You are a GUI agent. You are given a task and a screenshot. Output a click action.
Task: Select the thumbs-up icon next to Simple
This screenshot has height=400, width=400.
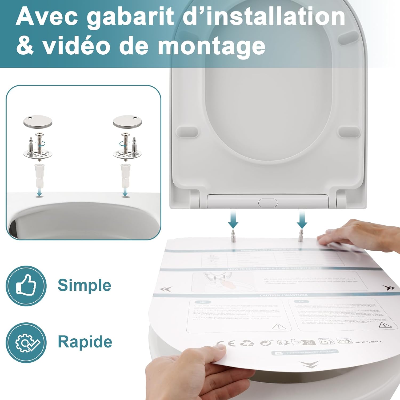click(26, 286)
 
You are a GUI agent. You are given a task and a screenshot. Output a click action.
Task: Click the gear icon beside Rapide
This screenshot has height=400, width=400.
click(26, 342)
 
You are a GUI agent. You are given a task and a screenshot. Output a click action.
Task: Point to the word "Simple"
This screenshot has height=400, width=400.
click(84, 285)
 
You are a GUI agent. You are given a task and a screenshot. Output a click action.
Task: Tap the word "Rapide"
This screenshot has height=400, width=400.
click(85, 342)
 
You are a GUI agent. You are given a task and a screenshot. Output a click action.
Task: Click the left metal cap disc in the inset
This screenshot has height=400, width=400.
click(38, 121)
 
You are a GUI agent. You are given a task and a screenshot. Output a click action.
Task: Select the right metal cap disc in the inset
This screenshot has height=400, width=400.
click(127, 121)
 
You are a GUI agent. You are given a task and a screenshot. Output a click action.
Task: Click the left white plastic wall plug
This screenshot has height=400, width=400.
click(39, 175)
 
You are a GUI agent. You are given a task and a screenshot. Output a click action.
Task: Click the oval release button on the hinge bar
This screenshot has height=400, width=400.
click(268, 203)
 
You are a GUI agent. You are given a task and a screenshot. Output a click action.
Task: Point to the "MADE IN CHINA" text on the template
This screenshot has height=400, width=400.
click(368, 342)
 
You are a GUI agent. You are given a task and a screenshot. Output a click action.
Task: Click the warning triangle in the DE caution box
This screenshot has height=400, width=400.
click(385, 325)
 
